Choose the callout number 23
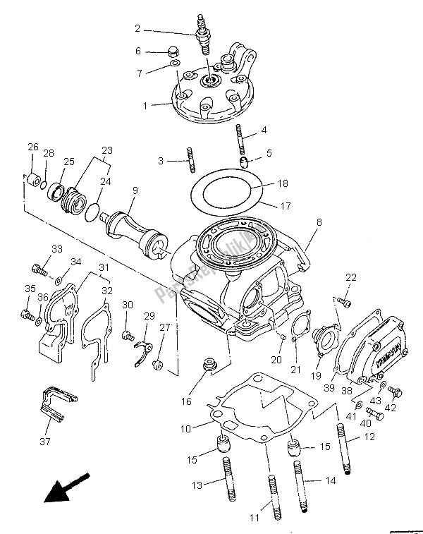coord(107,150)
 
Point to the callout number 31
coord(103,267)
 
